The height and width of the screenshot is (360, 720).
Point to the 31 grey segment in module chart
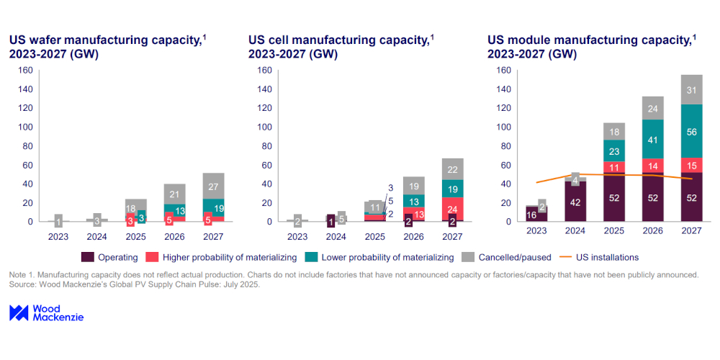coord(692,90)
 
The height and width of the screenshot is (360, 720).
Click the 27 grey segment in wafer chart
coord(213,186)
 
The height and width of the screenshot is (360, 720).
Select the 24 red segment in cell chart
coord(452,210)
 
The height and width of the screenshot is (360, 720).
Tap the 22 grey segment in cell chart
coord(452,169)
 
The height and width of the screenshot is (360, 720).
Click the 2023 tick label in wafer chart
coord(58,235)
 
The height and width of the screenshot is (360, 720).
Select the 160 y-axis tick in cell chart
coord(264,71)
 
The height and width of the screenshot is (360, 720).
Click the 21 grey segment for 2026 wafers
coord(174,194)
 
